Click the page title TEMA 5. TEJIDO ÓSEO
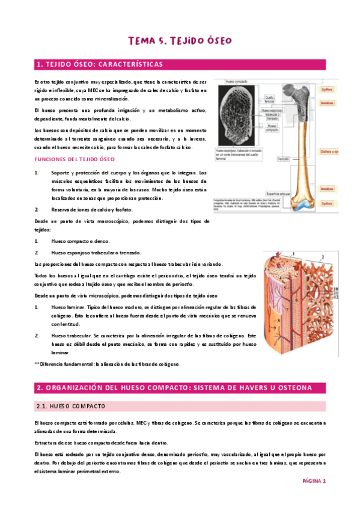click(180, 40)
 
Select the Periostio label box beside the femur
click(283, 159)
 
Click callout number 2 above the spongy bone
click(322, 257)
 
